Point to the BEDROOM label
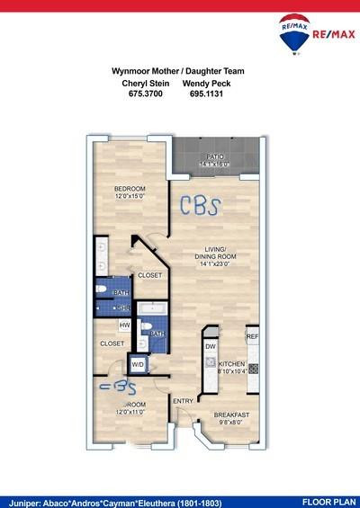click(x=130, y=188)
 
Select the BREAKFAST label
click(x=231, y=414)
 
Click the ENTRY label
click(x=184, y=401)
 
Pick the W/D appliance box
click(x=139, y=364)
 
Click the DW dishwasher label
click(x=210, y=346)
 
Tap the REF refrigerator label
click(x=253, y=336)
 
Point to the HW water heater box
click(x=124, y=325)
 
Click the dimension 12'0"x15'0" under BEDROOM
click(x=130, y=197)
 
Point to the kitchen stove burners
click(x=254, y=369)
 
